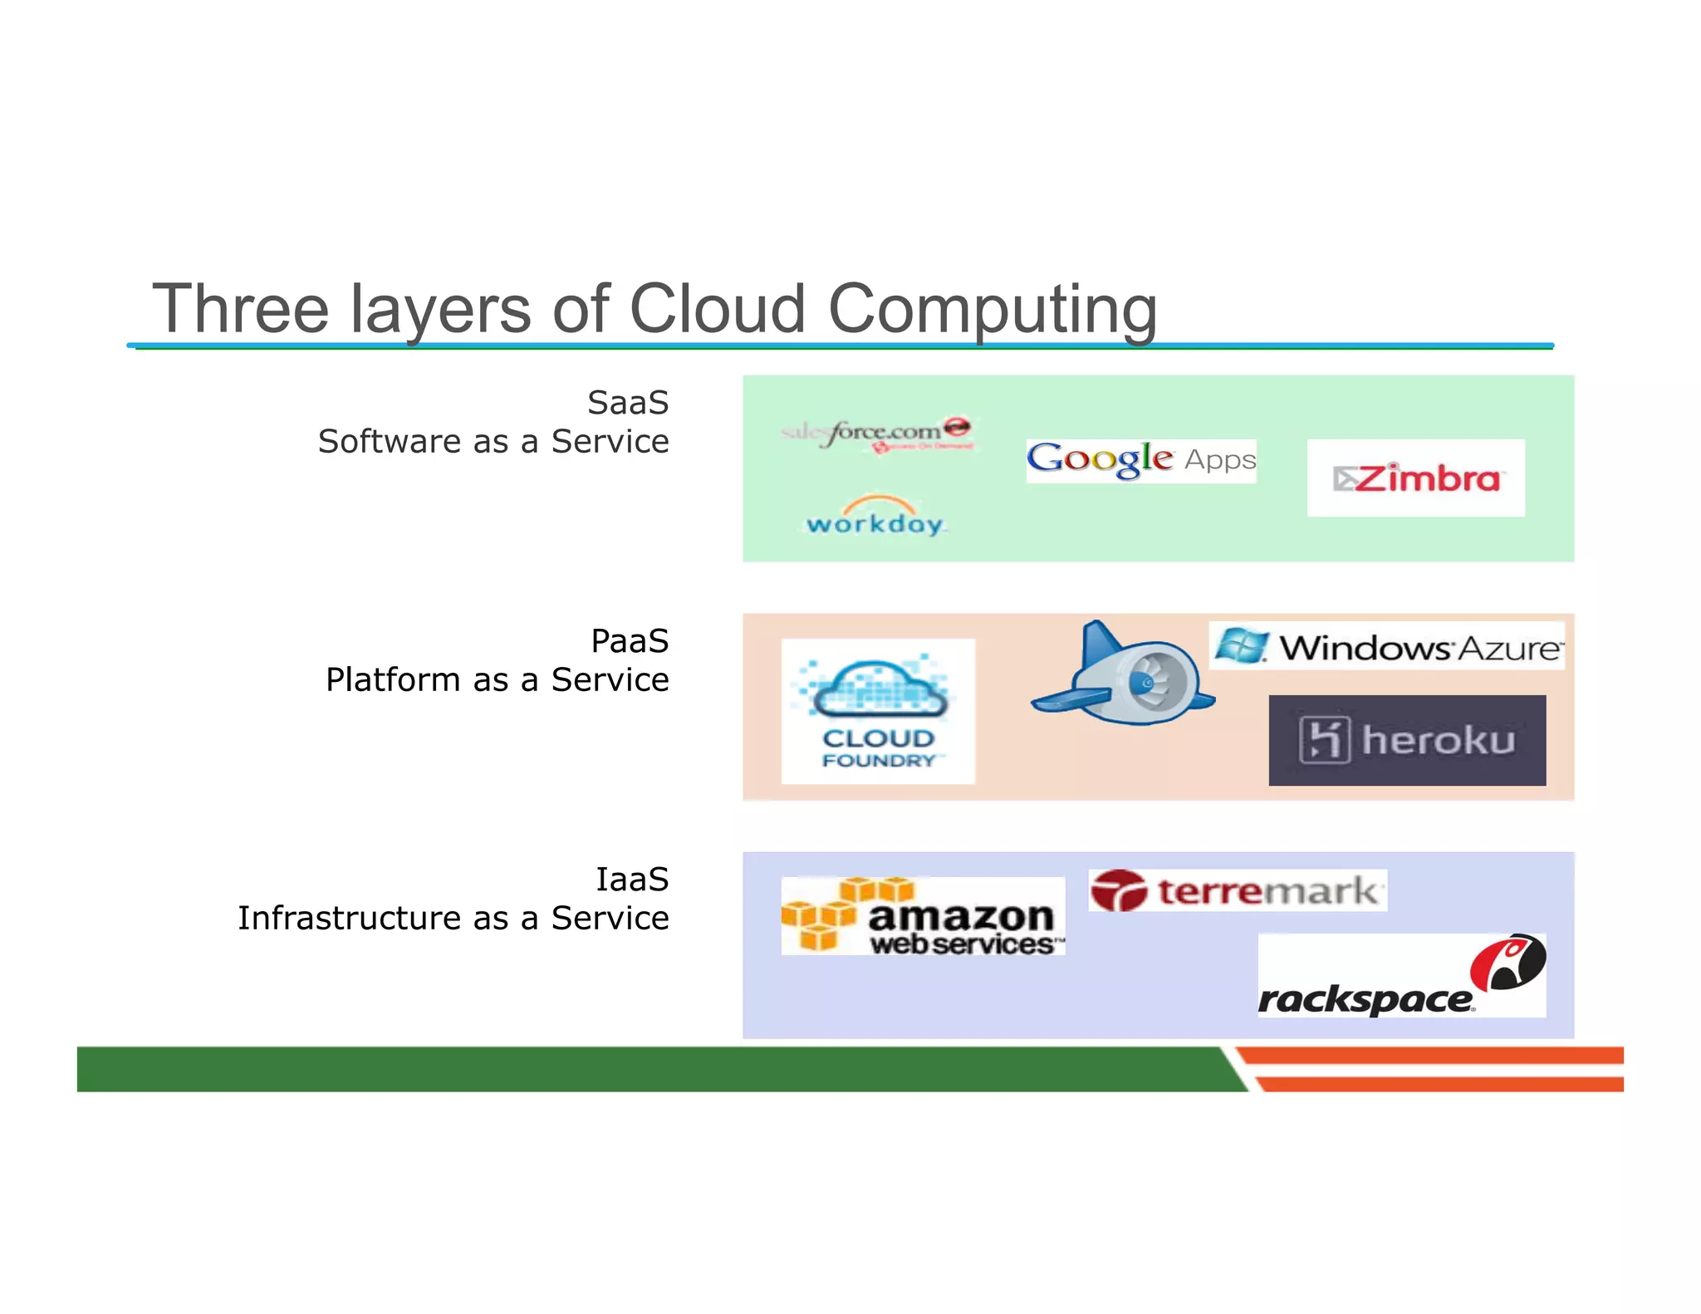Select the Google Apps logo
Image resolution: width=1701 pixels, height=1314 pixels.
[1140, 460]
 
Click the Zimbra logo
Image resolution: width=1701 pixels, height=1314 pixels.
[1415, 478]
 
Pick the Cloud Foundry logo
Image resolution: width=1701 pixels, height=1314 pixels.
[878, 711]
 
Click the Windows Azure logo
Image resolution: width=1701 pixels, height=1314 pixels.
[1387, 646]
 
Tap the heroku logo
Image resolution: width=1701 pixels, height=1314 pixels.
[1407, 740]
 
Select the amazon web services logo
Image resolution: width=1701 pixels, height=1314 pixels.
[923, 916]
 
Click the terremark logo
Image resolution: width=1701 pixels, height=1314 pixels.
[1237, 891]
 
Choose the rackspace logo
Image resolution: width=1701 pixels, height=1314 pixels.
[1401, 977]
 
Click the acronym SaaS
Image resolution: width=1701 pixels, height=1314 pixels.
[628, 403]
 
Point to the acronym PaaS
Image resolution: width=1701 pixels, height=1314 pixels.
[630, 641]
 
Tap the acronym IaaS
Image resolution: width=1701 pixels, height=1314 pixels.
[632, 880]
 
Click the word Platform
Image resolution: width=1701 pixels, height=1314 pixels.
[392, 680]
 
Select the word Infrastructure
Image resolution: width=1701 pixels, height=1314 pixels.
[349, 919]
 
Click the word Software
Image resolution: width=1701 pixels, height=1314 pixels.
[388, 442]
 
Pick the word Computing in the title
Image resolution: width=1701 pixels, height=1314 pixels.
[993, 309]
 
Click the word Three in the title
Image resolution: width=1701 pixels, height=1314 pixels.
[241, 309]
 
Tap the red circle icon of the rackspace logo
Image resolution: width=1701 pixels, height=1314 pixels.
[1507, 962]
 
